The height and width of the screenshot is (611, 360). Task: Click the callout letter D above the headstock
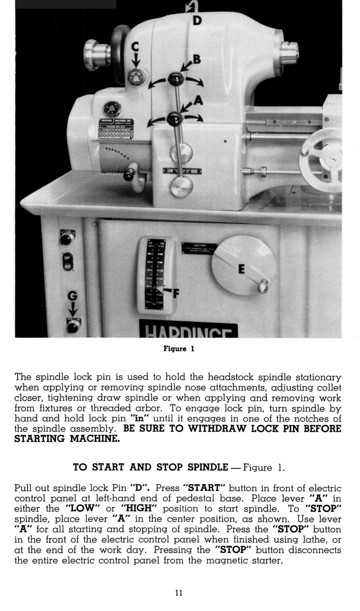tap(197, 21)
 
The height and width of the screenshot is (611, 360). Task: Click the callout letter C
tap(135, 47)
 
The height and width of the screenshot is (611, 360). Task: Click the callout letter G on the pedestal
tap(73, 296)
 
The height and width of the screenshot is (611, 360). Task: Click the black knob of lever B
tap(176, 78)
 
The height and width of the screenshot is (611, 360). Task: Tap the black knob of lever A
tap(175, 118)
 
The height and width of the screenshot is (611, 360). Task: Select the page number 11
tap(179, 593)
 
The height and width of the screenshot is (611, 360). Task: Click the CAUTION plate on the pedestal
tap(200, 249)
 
